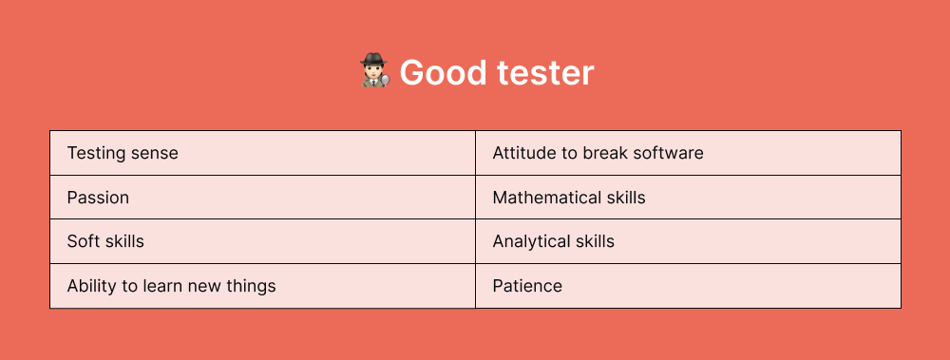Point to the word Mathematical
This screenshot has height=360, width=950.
click(546, 198)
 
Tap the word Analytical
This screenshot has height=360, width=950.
click(531, 241)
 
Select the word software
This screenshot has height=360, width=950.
click(670, 153)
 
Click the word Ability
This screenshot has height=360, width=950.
click(89, 286)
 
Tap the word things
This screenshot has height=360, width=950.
click(250, 286)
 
